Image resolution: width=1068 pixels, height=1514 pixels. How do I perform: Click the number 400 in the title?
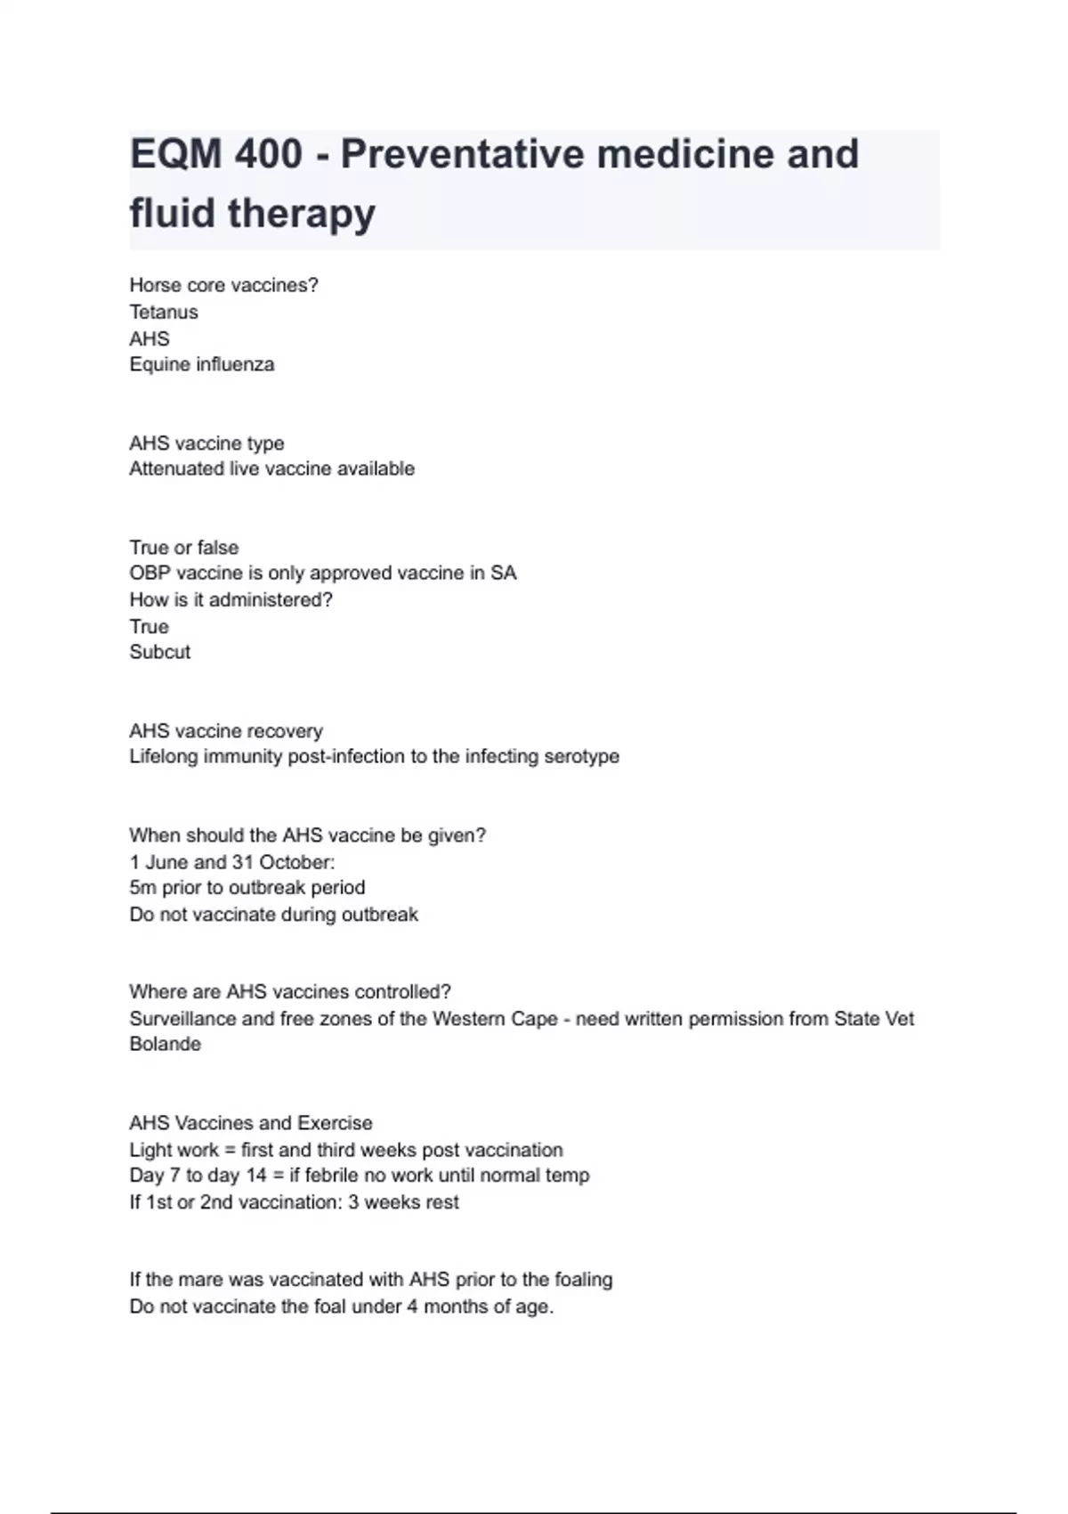point(268,154)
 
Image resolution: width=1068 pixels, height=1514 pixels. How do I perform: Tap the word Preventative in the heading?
point(461,154)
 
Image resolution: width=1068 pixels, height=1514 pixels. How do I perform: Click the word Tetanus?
point(164,312)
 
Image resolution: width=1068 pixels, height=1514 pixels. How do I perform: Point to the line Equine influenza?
point(202,364)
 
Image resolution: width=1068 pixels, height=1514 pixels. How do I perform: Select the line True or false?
point(184,547)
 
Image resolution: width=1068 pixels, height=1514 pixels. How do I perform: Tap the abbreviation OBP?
point(150,573)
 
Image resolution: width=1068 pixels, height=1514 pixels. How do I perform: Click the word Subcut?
point(160,652)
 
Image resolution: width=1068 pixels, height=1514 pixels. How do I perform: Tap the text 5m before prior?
point(142,888)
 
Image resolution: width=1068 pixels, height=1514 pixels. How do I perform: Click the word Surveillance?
point(182,1019)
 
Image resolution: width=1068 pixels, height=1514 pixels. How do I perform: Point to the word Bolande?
point(166,1044)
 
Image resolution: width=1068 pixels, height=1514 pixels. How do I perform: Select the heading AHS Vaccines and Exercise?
point(251,1123)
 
